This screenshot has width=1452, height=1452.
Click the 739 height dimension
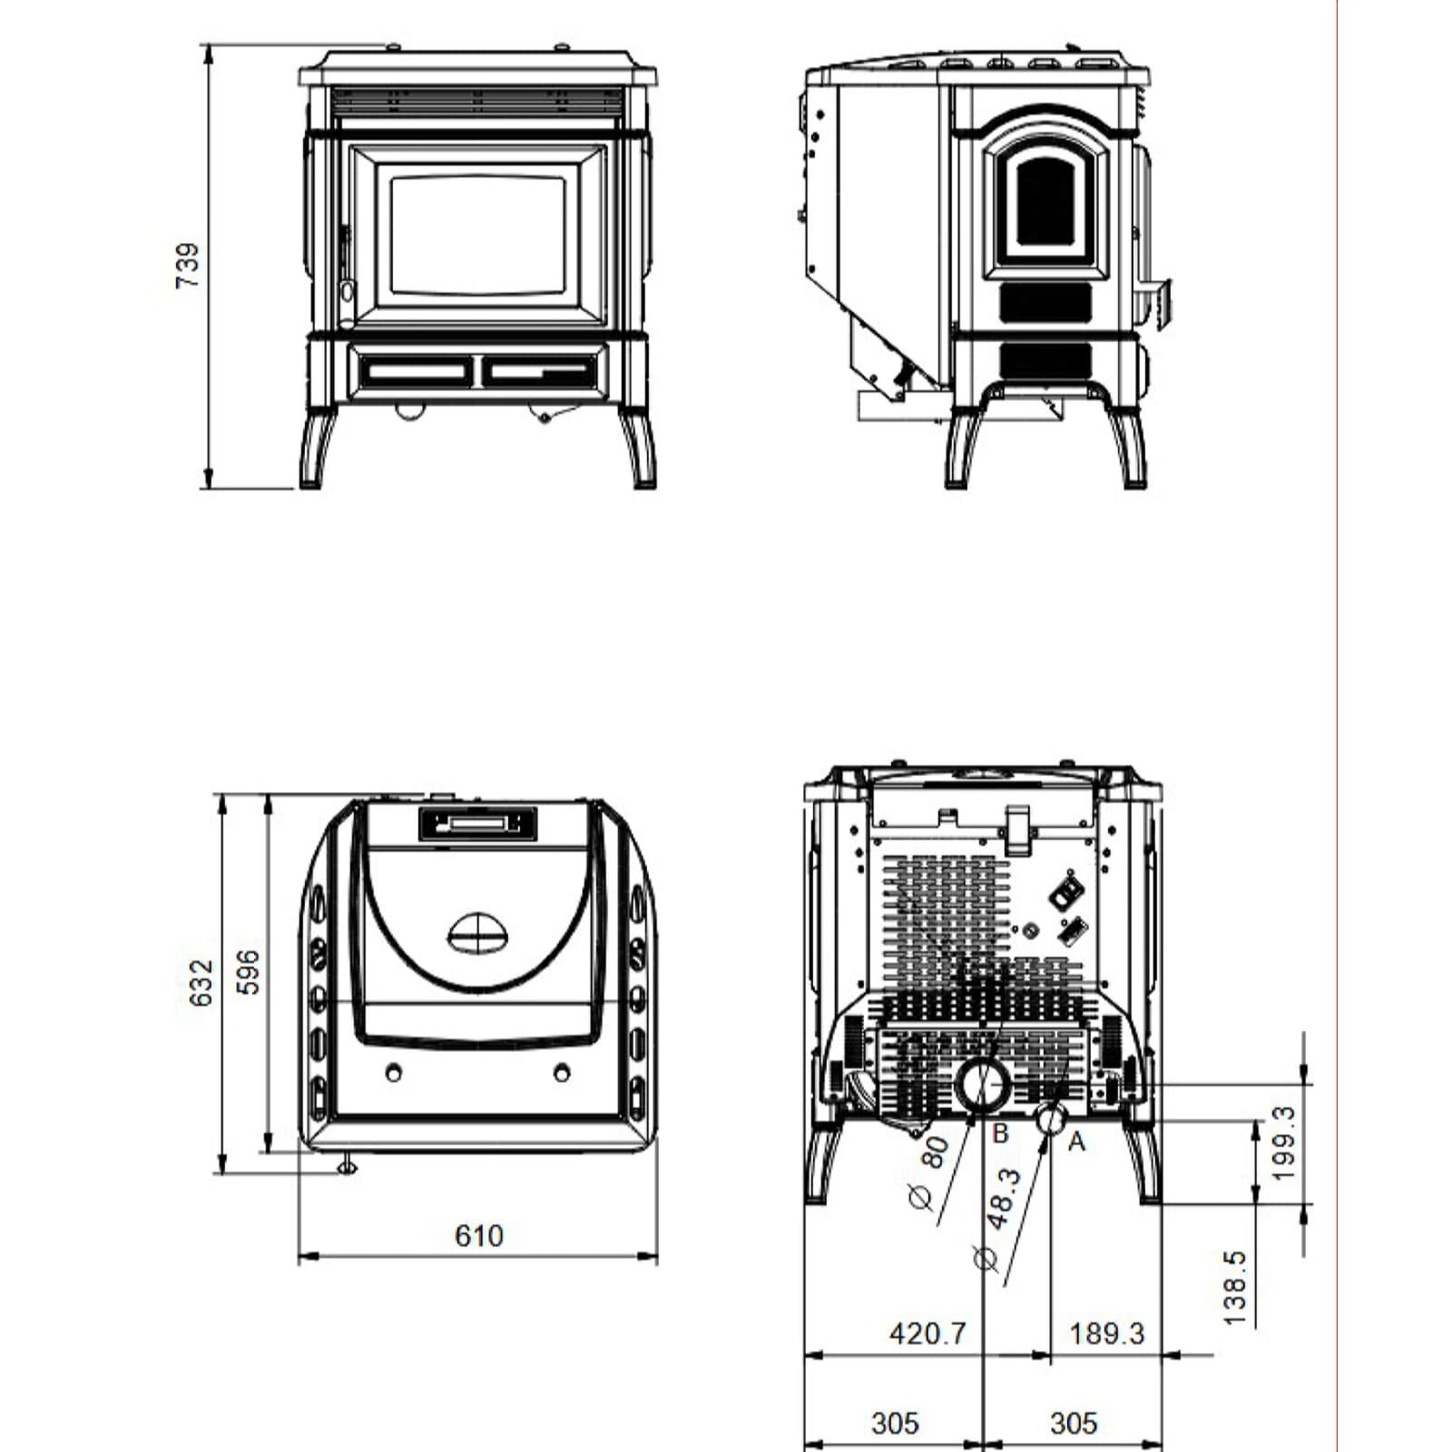187,266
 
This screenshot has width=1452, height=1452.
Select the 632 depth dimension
201,982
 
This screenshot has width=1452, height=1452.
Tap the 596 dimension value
248,972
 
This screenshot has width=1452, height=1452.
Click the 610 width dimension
478,1235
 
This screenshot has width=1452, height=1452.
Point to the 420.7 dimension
927,1333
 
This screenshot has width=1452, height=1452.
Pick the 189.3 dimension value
1106,1333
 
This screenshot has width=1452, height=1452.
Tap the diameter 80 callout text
927,1171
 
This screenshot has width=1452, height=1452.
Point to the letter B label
1000,1133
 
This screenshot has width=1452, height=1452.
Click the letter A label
1076,1141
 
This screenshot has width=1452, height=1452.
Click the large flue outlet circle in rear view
982,1085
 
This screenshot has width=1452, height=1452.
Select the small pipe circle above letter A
1051,1118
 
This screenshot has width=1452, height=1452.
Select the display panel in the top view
477,823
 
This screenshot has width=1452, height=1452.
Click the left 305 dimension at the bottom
895,1423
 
